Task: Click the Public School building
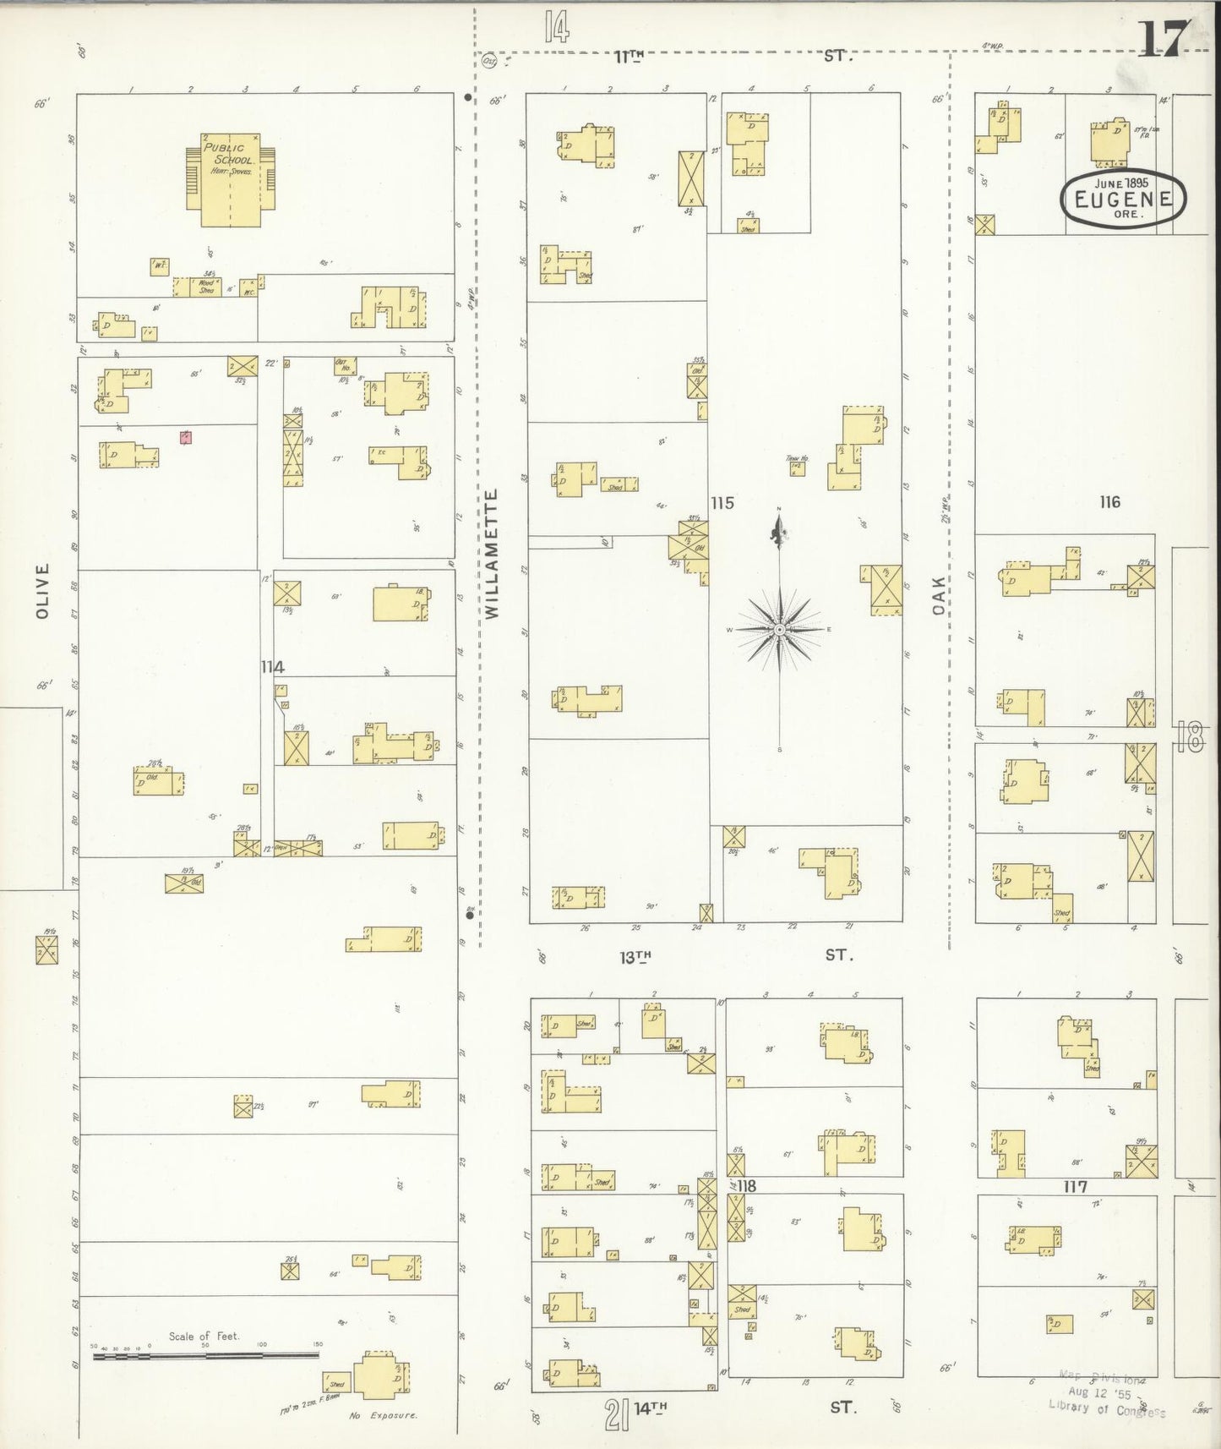pos(231,179)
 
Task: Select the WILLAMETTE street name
pos(493,553)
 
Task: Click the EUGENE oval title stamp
pos(1123,200)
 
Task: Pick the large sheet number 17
pos(1164,39)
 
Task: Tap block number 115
pos(722,503)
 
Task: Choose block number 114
pos(272,667)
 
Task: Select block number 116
pos(1109,502)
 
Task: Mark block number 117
pos(1075,1187)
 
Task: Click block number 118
pos(746,1186)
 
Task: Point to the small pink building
pos(185,437)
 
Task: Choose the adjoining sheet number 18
pos(1190,740)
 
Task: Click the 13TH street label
pos(635,957)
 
